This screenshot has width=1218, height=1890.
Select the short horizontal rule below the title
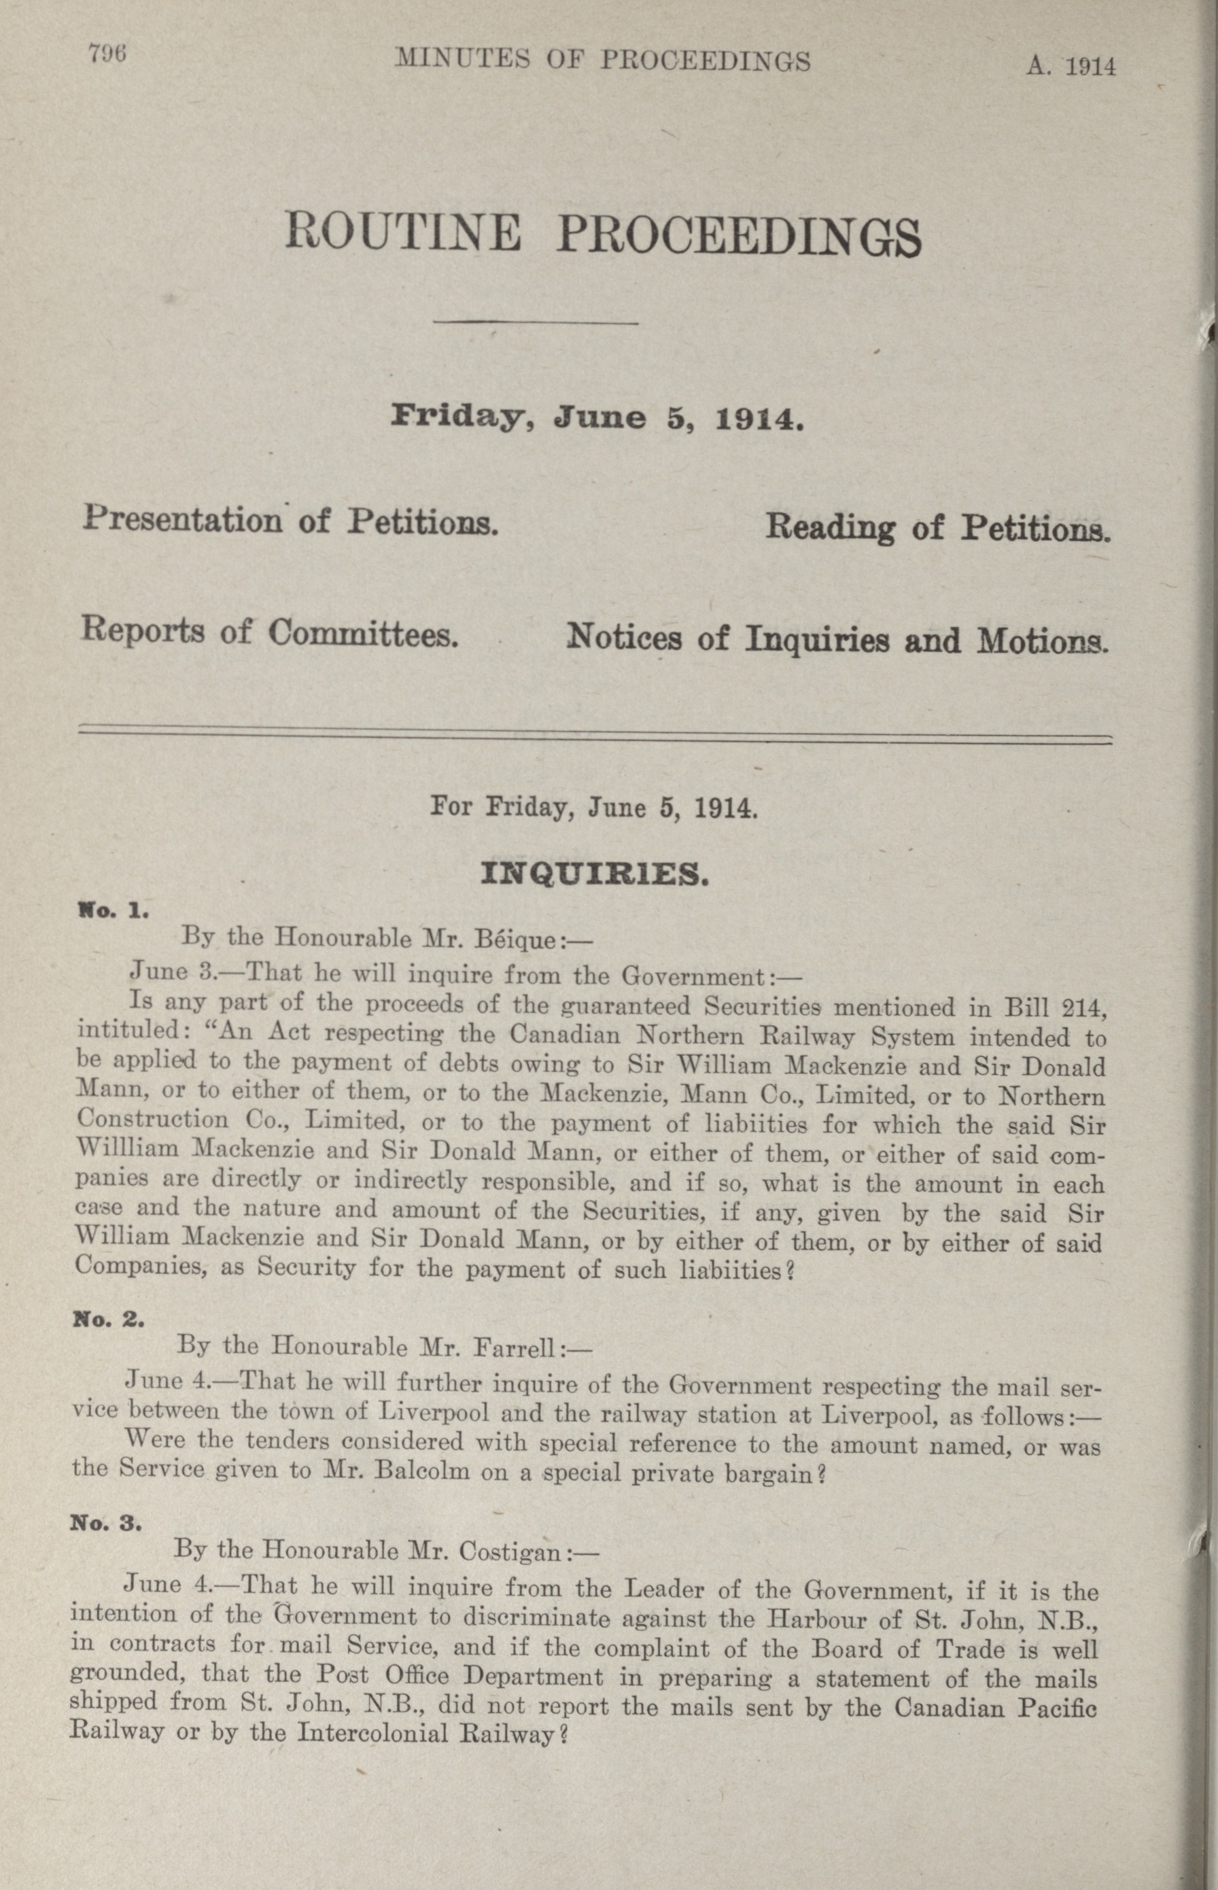pos(536,323)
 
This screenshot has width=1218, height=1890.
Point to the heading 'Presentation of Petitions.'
pos(290,521)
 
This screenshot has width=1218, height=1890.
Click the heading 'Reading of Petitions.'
pos(937,528)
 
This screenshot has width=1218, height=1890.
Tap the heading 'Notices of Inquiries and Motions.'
pos(837,638)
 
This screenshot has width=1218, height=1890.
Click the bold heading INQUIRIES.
pos(594,874)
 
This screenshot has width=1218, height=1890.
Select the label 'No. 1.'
pos(111,910)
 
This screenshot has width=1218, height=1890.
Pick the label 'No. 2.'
pos(108,1320)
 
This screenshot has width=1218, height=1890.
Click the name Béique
pos(516,940)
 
